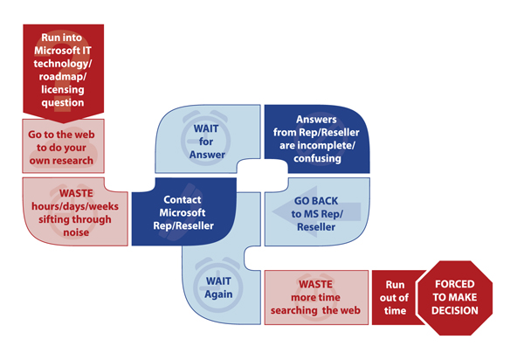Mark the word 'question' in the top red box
point(62,102)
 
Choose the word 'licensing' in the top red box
point(62,88)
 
